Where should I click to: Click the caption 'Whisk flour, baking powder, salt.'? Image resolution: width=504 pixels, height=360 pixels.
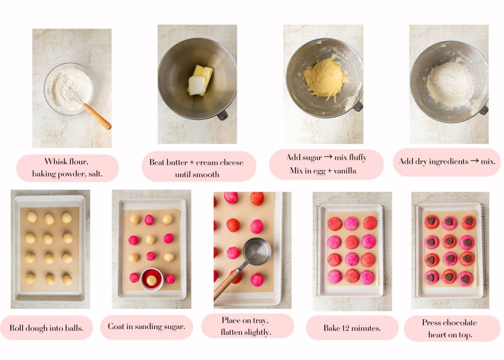coord(67,168)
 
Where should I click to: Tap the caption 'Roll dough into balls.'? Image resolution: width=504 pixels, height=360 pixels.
coord(47,328)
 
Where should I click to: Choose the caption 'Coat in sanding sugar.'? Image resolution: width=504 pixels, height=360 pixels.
coord(147,327)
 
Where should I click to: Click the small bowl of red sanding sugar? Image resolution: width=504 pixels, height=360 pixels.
coord(152,279)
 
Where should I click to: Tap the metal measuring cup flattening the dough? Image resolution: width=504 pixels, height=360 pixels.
coord(256,251)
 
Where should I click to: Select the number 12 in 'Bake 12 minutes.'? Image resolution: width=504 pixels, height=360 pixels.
coord(347,328)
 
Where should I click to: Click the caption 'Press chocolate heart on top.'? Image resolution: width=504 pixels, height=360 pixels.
coord(449,329)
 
